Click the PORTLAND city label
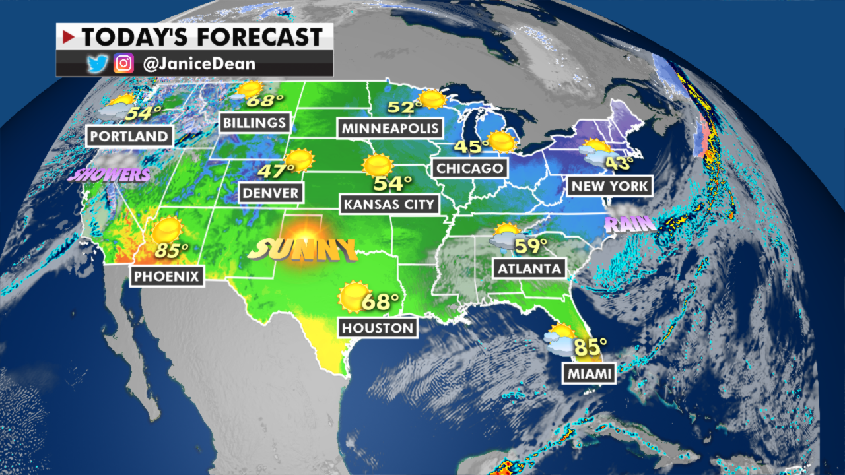pos(129,137)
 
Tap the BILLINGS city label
pos(255,122)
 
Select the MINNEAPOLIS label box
pos(389,127)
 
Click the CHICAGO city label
pos(469,168)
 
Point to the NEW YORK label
pos(609,185)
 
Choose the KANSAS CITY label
pos(390,204)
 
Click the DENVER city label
pos(271,193)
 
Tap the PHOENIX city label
pos(166,276)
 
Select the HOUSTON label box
pos(378,327)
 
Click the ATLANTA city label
pos(530,268)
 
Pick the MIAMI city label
pos(589,374)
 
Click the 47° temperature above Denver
pos(276,171)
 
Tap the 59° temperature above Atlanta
pos(531,246)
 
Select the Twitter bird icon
pos(96,64)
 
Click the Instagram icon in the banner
pos(123,64)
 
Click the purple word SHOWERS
pos(108,175)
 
